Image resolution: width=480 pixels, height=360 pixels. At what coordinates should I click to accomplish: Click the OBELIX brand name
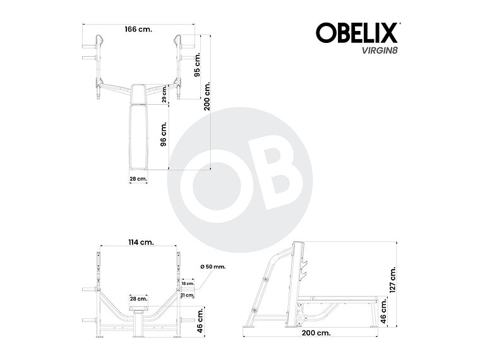pos(356,33)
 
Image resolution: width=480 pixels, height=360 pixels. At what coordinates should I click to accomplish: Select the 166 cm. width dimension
pos(138,29)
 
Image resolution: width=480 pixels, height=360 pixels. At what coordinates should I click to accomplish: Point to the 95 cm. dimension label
pos(198,64)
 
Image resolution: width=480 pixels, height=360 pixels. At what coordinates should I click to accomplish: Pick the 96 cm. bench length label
pos(164,135)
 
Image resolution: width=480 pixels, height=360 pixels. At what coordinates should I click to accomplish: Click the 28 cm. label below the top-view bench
pos(138,179)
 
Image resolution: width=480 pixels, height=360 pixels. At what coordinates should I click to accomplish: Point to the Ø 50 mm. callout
pos(212,267)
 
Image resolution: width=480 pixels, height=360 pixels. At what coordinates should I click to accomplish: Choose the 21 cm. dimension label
pos(187,295)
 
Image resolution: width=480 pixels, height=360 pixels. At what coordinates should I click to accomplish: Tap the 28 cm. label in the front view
pos(138,298)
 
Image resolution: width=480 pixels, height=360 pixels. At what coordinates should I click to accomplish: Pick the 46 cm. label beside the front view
pos(200,321)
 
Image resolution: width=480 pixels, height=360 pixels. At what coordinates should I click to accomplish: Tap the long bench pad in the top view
pos(138,136)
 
